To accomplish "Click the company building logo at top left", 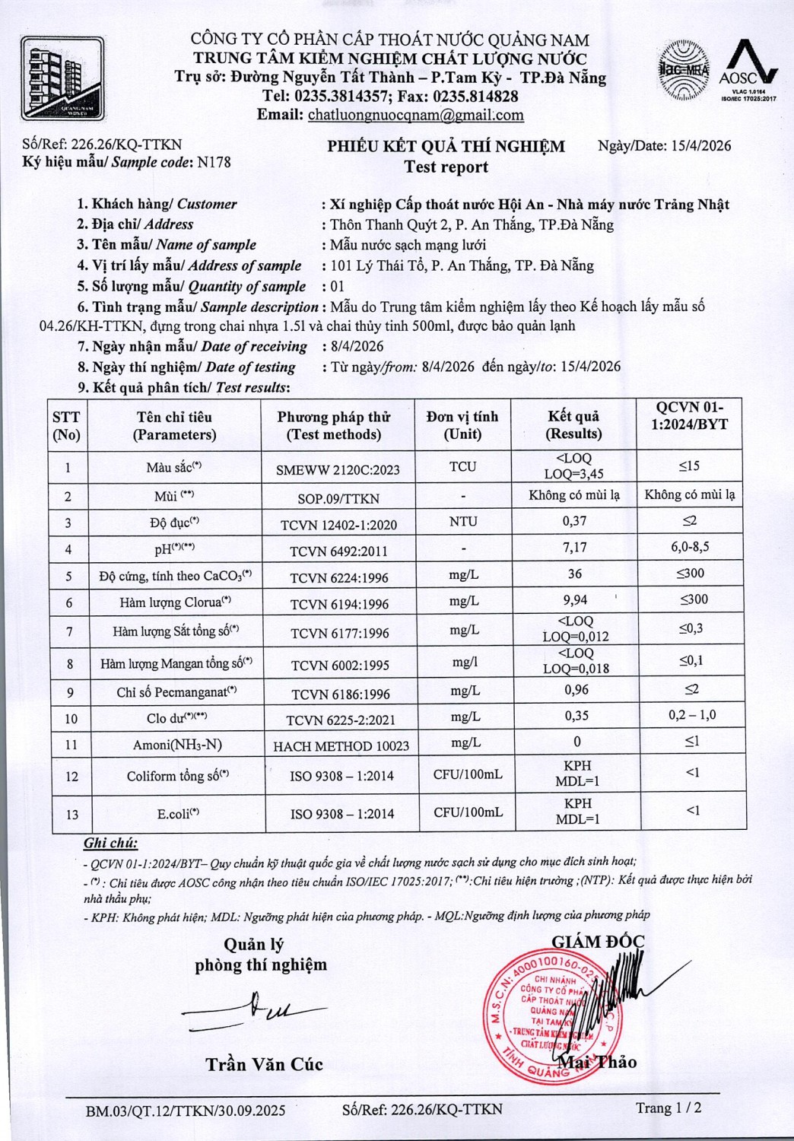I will pyautogui.click(x=62, y=78).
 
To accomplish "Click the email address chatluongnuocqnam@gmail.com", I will pyautogui.click(x=415, y=115).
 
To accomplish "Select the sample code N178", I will pyautogui.click(x=214, y=162).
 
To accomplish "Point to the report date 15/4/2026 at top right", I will pyautogui.click(x=701, y=146).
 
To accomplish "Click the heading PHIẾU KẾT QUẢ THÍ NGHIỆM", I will pyautogui.click(x=446, y=147).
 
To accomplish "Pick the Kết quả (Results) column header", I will pyautogui.click(x=573, y=425).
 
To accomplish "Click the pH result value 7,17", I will pyautogui.click(x=574, y=548).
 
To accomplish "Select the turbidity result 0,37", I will pyautogui.click(x=574, y=521).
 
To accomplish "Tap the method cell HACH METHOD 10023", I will pyautogui.click(x=341, y=746).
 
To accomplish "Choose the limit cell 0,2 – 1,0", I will pyautogui.click(x=692, y=715).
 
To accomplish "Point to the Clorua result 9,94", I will pyautogui.click(x=575, y=600).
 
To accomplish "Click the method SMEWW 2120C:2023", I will pyautogui.click(x=338, y=470).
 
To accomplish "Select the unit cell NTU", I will pyautogui.click(x=463, y=522).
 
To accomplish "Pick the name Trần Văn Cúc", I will pyautogui.click(x=264, y=1064).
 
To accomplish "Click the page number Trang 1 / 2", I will pyautogui.click(x=669, y=1108).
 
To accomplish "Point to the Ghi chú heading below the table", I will pyautogui.click(x=110, y=843).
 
